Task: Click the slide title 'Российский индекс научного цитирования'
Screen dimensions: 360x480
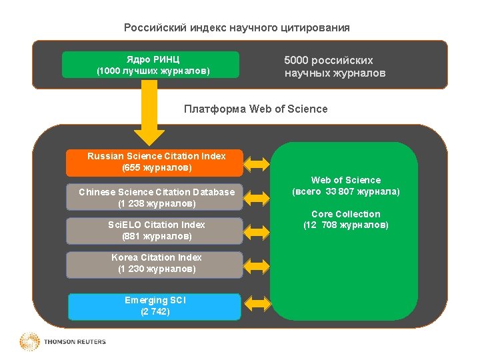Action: point(237,28)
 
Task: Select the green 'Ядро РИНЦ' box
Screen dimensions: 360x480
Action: point(150,65)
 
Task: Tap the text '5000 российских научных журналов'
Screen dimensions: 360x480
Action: point(335,67)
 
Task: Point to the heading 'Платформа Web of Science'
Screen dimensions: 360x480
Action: point(255,109)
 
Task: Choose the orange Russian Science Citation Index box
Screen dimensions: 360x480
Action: point(155,162)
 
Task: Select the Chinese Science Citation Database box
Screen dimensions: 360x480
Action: point(155,197)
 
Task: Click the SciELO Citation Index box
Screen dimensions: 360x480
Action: point(155,230)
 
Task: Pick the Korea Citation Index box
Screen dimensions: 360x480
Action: point(155,263)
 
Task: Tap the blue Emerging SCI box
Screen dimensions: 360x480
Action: point(155,306)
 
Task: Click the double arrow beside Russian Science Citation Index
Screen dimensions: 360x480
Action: point(257,162)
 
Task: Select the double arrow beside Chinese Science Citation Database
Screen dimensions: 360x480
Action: point(257,197)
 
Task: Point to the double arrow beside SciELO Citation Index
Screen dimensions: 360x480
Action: point(257,230)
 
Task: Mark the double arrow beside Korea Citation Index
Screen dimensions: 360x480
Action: point(257,263)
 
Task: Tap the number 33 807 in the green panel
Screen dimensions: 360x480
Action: point(339,192)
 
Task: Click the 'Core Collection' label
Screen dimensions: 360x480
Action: point(345,214)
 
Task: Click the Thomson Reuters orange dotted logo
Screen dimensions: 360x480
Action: point(30,342)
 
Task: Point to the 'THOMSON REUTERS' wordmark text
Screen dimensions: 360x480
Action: point(75,342)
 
